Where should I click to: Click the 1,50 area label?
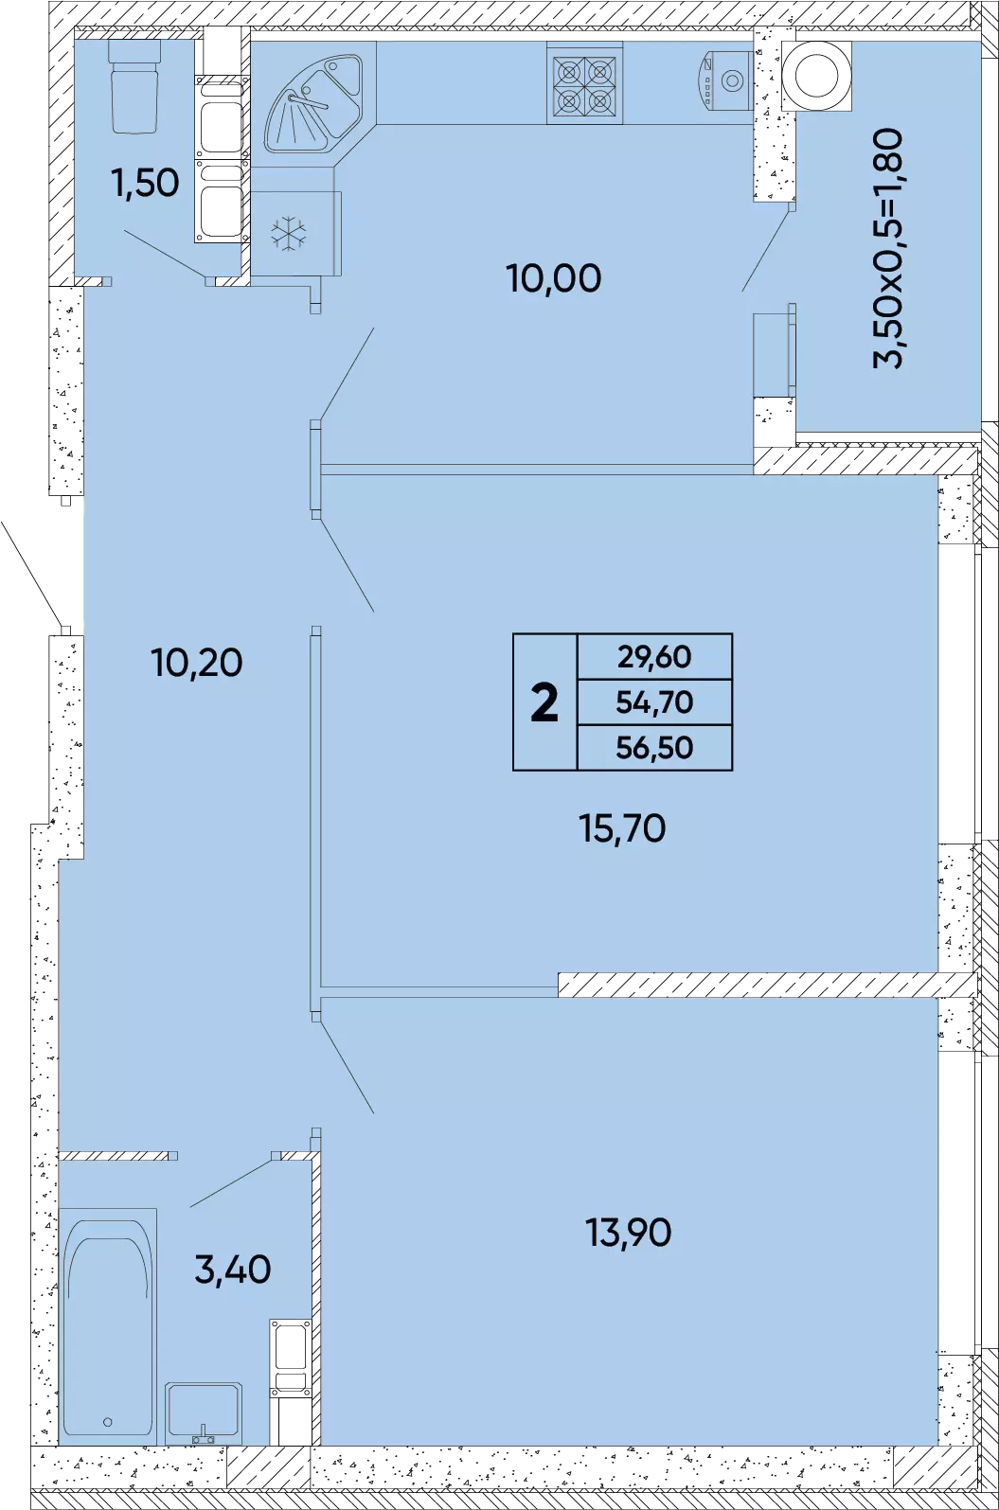(146, 183)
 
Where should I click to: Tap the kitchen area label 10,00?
(553, 277)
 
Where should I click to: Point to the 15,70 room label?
(622, 827)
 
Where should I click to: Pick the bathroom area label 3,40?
(233, 1270)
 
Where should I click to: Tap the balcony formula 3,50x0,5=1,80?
(887, 248)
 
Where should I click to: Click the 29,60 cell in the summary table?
(654, 656)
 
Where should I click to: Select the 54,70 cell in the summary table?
(654, 702)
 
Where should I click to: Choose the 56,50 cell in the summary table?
(654, 748)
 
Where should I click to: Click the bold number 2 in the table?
(544, 702)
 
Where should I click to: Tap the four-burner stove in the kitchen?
(584, 83)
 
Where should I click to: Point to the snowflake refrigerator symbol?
(289, 233)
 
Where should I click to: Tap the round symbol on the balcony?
(816, 76)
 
